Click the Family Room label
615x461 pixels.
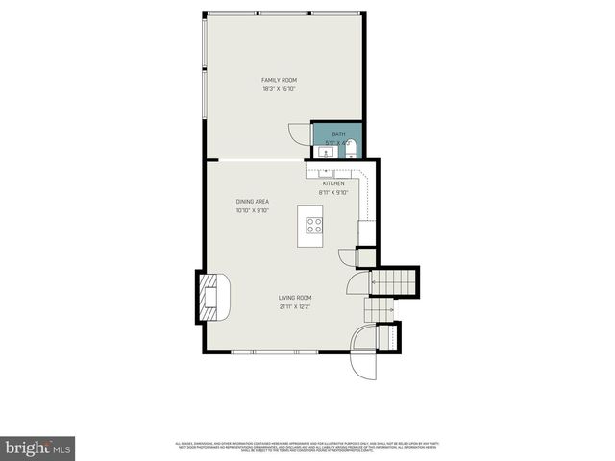pyautogui.click(x=279, y=79)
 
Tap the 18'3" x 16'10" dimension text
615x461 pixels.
pyautogui.click(x=279, y=89)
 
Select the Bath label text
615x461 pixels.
pyautogui.click(x=338, y=133)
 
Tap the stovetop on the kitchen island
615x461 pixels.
pyautogui.click(x=314, y=226)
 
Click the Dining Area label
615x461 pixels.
pyautogui.click(x=253, y=201)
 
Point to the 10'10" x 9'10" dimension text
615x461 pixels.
pyautogui.click(x=253, y=210)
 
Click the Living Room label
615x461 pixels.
pyautogui.click(x=296, y=298)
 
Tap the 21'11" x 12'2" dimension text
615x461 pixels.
pyautogui.click(x=296, y=308)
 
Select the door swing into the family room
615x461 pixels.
pyautogui.click(x=299, y=133)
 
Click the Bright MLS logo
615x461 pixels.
pyautogui.click(x=38, y=448)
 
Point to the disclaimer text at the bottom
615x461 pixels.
pyautogui.click(x=307, y=446)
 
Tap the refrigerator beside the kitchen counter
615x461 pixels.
pyautogui.click(x=366, y=233)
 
